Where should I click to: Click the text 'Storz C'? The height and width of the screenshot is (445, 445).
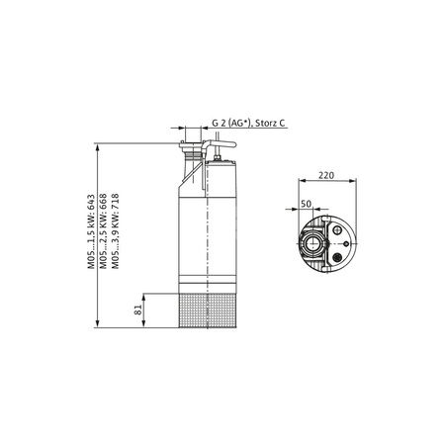coord(270,125)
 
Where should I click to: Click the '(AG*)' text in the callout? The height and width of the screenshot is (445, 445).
coord(238,125)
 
